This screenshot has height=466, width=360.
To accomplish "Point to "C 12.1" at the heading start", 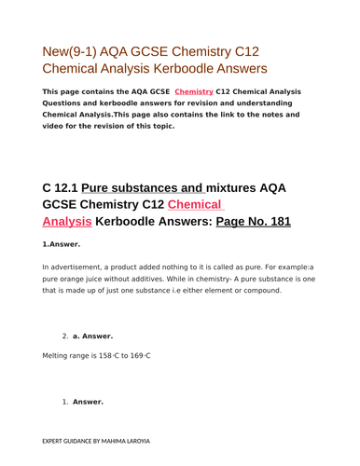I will click(66, 187).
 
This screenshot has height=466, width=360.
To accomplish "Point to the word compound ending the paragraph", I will click(259, 290).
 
